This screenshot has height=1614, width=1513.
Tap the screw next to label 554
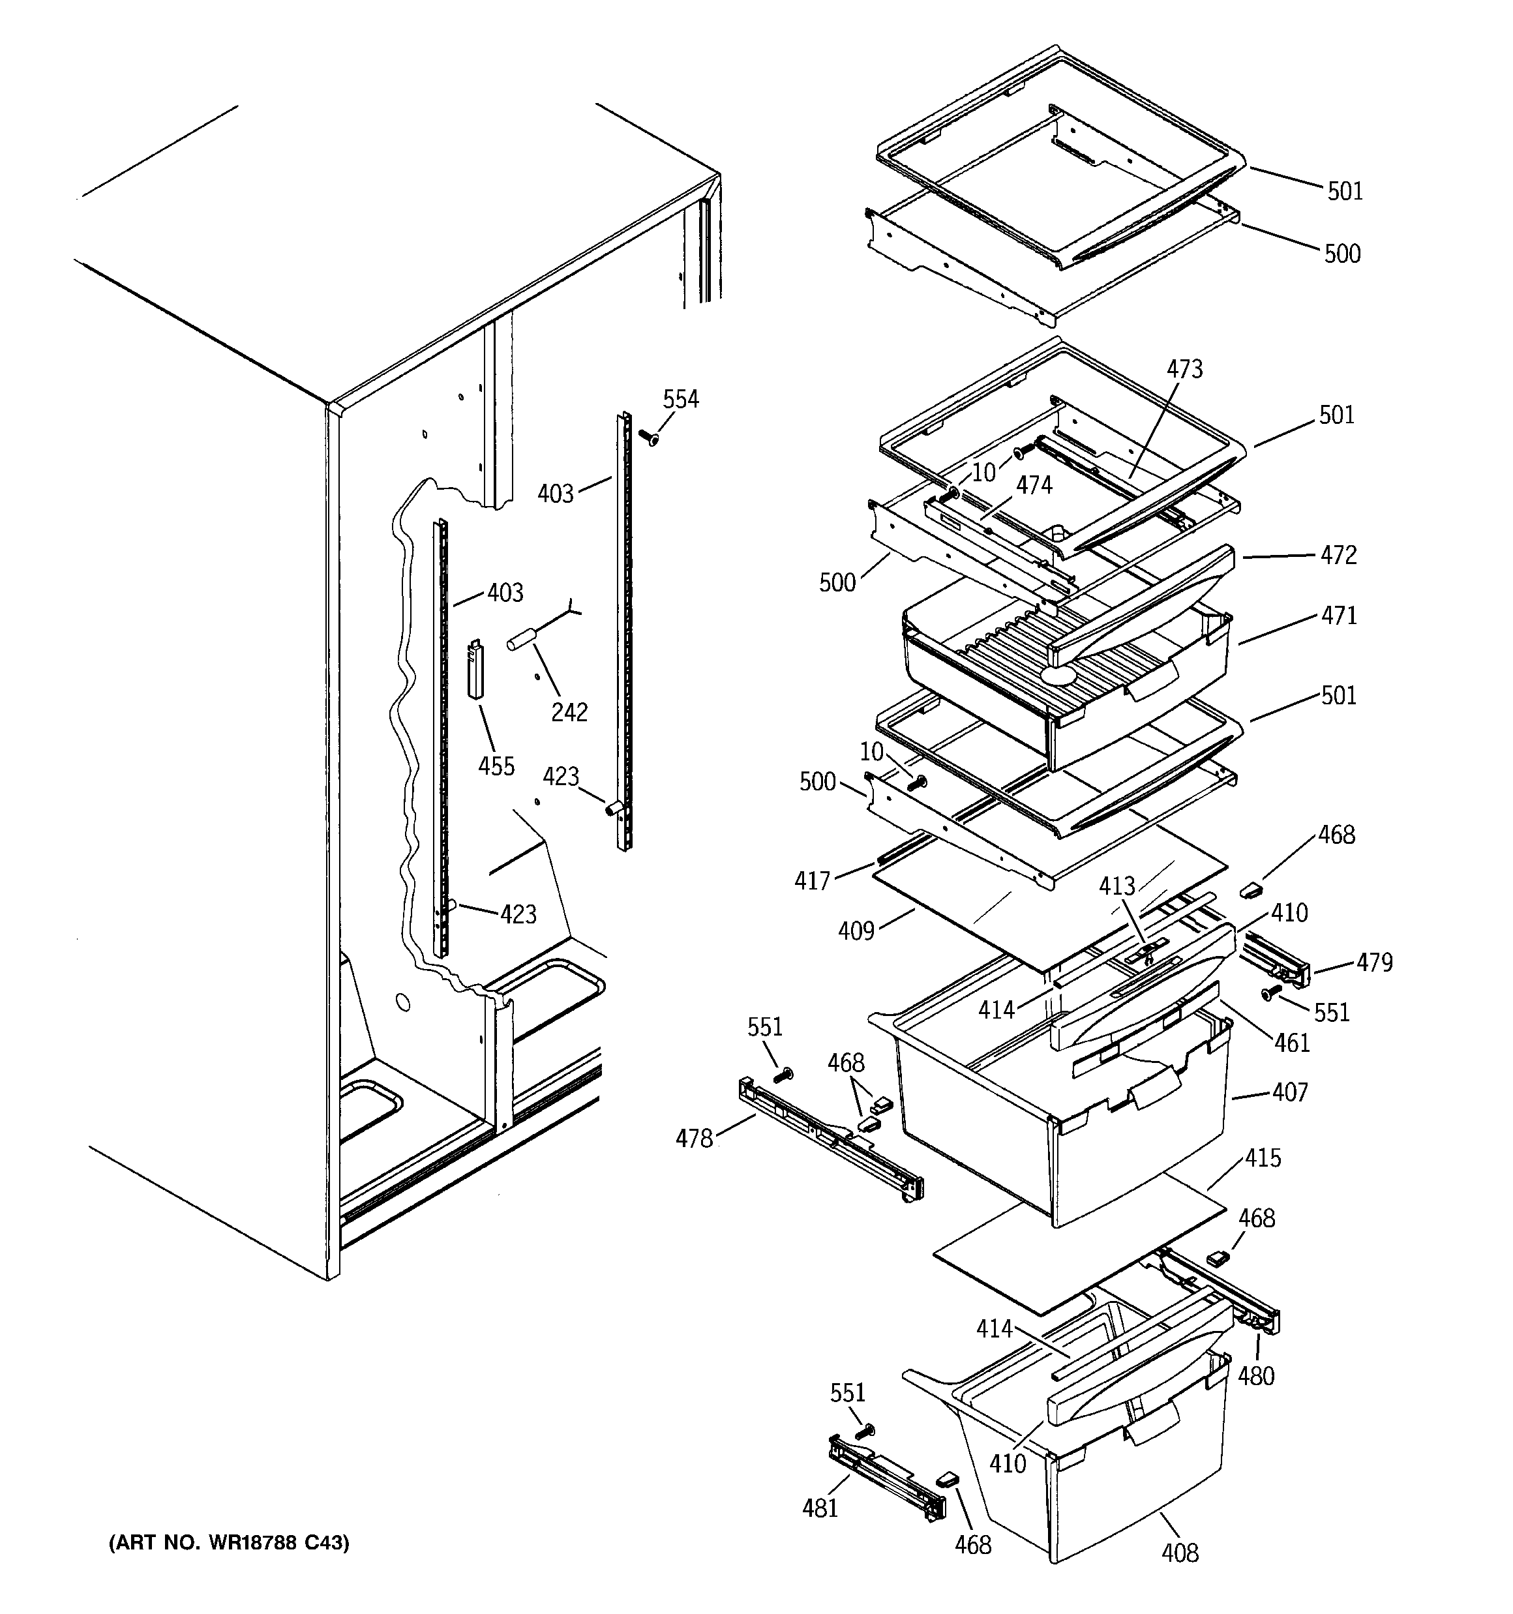click(649, 438)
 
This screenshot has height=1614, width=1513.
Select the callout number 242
click(569, 712)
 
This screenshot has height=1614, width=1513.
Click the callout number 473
click(1184, 369)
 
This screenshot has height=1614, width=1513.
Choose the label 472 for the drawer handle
click(1338, 556)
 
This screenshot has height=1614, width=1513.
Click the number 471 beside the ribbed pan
click(1338, 616)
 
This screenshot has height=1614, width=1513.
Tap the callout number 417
click(812, 880)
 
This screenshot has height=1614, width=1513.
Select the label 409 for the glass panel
click(856, 931)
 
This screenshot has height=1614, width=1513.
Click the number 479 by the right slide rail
click(1374, 963)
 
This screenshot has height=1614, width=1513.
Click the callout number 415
click(1262, 1158)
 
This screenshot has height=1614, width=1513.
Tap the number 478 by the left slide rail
click(695, 1139)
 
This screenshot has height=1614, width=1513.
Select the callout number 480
click(1255, 1376)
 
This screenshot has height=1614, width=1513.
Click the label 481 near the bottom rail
click(820, 1508)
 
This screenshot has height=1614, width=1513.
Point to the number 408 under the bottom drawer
click(1179, 1553)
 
